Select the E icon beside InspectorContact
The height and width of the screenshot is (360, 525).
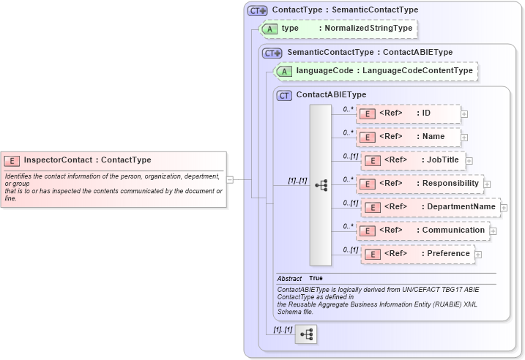(12, 160)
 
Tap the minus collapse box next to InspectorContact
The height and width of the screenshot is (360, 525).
(230, 179)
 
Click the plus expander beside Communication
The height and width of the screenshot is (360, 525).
(493, 231)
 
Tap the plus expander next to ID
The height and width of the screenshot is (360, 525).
(464, 114)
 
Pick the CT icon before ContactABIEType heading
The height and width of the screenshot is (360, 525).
(284, 95)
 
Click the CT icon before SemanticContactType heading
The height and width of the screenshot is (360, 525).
(272, 53)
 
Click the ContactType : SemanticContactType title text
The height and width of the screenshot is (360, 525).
(345, 10)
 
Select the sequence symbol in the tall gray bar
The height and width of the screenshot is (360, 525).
(321, 184)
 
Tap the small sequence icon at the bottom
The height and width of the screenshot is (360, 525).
(306, 334)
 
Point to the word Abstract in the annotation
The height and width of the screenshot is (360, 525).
(289, 279)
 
